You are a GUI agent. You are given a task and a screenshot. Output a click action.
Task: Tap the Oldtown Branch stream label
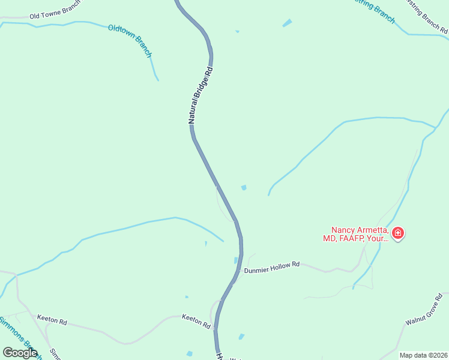coord(130,41)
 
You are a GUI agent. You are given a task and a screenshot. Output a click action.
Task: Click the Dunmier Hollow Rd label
coord(271,267)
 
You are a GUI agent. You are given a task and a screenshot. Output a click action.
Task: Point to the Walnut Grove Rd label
coord(424,310)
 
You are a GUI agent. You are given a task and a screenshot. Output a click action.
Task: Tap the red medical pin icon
coord(397,233)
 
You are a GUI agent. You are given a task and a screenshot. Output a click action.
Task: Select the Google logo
coord(20,353)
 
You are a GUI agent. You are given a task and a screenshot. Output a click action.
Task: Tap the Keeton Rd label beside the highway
coord(197,321)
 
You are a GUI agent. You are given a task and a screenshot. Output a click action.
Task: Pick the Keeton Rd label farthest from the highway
coord(52,320)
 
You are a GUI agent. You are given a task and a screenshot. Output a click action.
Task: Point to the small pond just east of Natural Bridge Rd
coord(244,188)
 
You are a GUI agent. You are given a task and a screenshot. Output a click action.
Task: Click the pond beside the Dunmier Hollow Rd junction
coord(236,260)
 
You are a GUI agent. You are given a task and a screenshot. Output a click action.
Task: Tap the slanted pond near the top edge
coord(287,23)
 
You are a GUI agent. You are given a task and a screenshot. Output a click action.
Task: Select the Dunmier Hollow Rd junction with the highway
coord(240,270)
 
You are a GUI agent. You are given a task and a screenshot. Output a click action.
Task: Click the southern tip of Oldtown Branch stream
coord(158,79)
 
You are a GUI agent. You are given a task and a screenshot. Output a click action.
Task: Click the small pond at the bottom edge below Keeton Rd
coord(190,353)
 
